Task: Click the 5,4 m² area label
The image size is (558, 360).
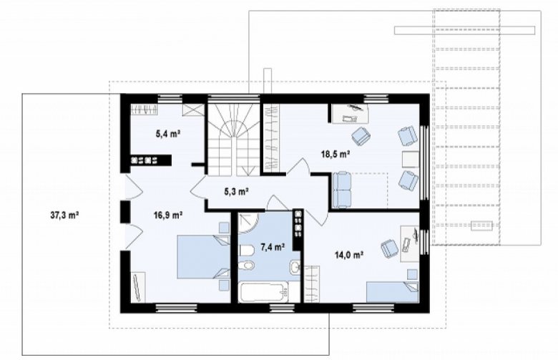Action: coord(167,134)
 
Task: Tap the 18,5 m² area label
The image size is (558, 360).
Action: coord(335,154)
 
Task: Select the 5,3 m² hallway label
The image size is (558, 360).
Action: coord(236,192)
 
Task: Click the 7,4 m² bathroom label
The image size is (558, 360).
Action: coord(273,247)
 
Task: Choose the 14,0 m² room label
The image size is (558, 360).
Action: coord(349,254)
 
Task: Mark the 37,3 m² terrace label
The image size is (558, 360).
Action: coord(64,215)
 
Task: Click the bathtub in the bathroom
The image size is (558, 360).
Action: coord(264,292)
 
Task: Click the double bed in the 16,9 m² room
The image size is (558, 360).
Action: coord(204,258)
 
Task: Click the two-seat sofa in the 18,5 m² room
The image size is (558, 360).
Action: coord(342,190)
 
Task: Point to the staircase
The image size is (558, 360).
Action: coord(233,140)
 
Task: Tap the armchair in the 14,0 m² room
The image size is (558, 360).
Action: coord(389,248)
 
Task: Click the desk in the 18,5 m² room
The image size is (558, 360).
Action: coord(350,113)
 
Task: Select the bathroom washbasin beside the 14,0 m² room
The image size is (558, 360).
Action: coord(295,267)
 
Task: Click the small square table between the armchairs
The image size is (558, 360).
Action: coord(411,159)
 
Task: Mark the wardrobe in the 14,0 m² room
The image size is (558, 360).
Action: coord(312,284)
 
